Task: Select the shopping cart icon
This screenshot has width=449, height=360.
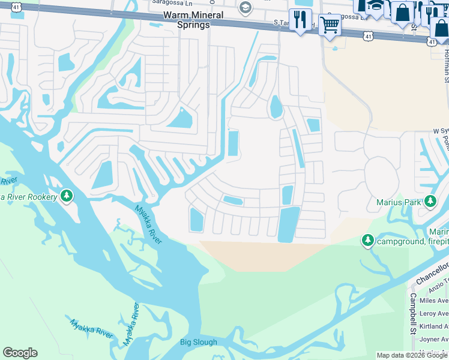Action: pyautogui.click(x=329, y=25)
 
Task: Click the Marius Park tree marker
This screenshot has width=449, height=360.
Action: pyautogui.click(x=430, y=202)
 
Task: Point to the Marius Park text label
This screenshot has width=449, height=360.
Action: pyautogui.click(x=399, y=203)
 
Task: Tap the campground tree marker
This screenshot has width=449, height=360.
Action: pyautogui.click(x=367, y=241)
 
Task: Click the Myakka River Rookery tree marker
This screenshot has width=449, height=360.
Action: pyautogui.click(x=67, y=196)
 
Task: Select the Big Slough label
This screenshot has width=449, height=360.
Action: pyautogui.click(x=199, y=343)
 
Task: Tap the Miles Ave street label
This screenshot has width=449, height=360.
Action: pyautogui.click(x=433, y=301)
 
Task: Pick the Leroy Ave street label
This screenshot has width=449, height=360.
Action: pyautogui.click(x=433, y=313)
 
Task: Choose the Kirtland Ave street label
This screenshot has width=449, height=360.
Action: pyautogui.click(x=433, y=326)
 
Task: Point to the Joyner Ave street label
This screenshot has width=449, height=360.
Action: pyautogui.click(x=433, y=339)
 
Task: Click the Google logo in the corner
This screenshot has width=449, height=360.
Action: pyautogui.click(x=20, y=353)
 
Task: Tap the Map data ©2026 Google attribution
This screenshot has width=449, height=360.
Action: pyautogui.click(x=412, y=355)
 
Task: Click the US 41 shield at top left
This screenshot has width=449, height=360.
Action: pyautogui.click(x=16, y=7)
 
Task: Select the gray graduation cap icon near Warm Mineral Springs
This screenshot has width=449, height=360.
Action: pyautogui.click(x=244, y=8)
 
